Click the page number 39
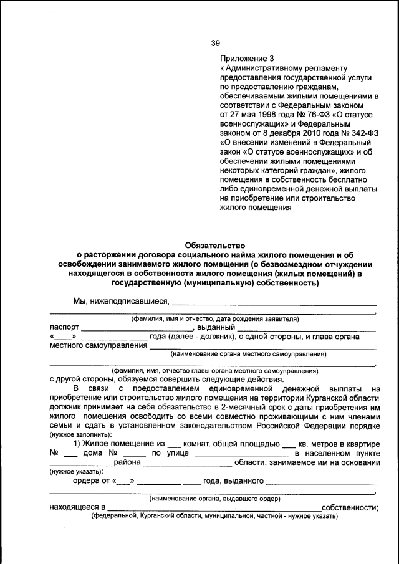(x=215, y=43)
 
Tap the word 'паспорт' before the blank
(x=64, y=327)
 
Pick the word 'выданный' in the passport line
(x=216, y=327)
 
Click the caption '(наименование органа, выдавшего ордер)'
(x=214, y=499)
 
